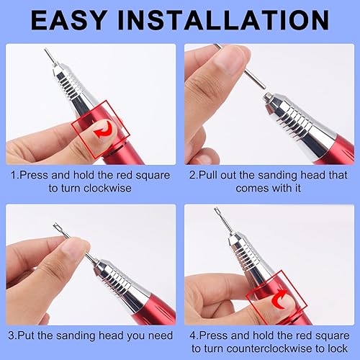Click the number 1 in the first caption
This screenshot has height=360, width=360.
pyautogui.click(x=13, y=175)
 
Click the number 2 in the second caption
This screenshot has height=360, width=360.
pyautogui.click(x=192, y=175)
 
